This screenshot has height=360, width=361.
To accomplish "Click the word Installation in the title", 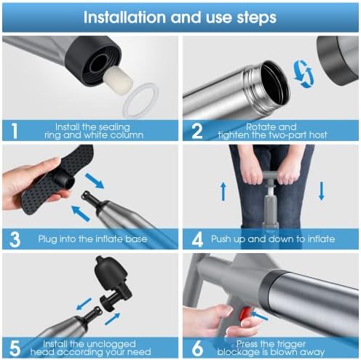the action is [124, 17].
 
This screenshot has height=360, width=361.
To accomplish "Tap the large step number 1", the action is [15, 131].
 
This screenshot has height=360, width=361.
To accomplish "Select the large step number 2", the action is [197, 131].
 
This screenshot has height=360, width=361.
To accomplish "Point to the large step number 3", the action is [15, 239].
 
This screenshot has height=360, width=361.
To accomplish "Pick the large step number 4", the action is [197, 239].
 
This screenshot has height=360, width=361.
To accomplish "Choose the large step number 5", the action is [15, 348].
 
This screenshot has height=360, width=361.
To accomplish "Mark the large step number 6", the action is [197, 348].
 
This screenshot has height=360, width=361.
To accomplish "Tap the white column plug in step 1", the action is [119, 78].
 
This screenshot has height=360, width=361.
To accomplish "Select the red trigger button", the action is [245, 314].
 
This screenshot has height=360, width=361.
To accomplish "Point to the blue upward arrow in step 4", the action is [223, 191].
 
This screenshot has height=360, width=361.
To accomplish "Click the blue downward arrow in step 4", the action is [322, 191].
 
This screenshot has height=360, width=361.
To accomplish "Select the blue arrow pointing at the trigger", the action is [259, 316].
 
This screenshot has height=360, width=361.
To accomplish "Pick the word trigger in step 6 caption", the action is [290, 344].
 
